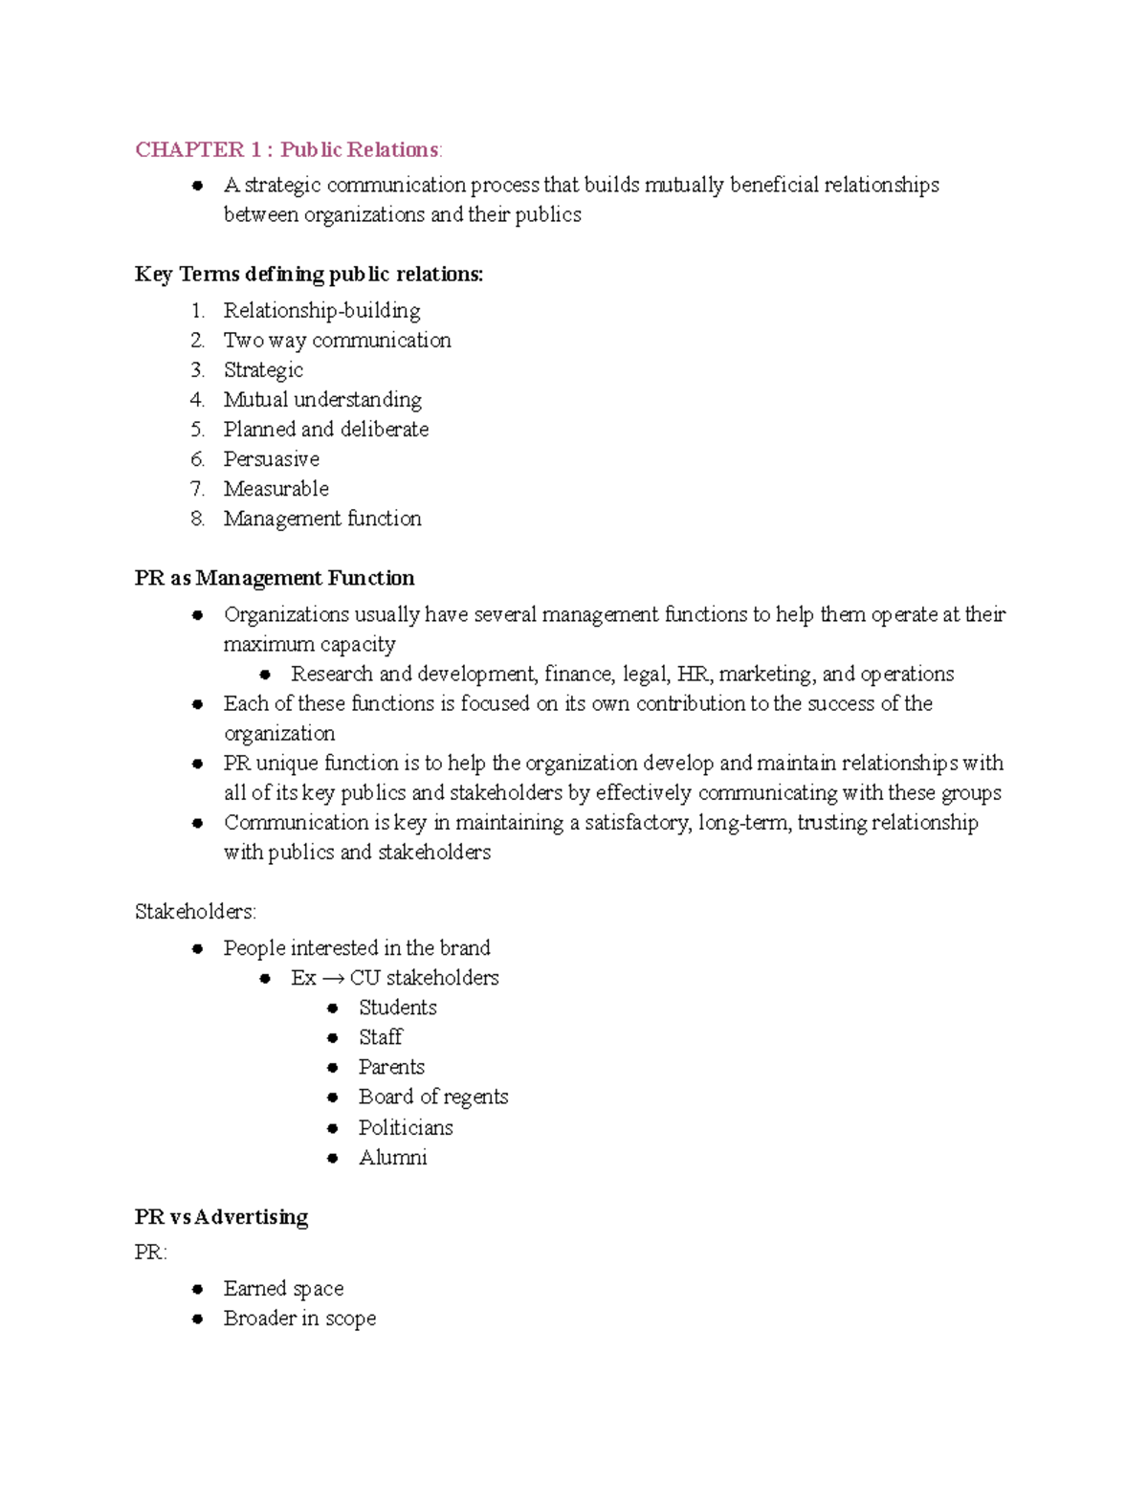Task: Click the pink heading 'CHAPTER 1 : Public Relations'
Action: click(x=288, y=149)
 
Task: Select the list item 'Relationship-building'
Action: click(x=321, y=310)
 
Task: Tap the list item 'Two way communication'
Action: click(x=337, y=340)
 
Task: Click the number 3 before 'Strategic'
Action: click(x=197, y=370)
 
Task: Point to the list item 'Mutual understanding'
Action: click(x=322, y=399)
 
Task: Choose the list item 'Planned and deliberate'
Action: click(x=325, y=429)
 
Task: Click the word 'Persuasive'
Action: click(x=271, y=458)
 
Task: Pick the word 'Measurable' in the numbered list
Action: click(x=276, y=488)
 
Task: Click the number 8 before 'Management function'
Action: click(x=197, y=519)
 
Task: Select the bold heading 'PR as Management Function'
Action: click(x=275, y=578)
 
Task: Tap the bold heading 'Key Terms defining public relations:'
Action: click(x=309, y=275)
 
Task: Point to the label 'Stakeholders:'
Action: click(x=195, y=912)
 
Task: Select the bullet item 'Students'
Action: click(x=397, y=1008)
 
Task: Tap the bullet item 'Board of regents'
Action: click(x=432, y=1097)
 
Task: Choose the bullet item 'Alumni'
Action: click(x=392, y=1157)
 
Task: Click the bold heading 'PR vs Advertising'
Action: click(x=221, y=1217)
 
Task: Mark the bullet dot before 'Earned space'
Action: click(x=197, y=1289)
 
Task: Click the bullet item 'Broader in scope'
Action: click(x=299, y=1318)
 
